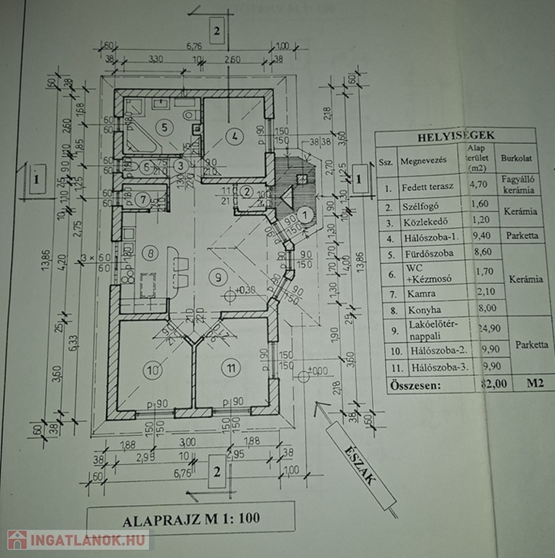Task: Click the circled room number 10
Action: tap(152, 371)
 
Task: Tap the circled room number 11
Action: tap(231, 369)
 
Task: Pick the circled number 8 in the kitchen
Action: tap(151, 254)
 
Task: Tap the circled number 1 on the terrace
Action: tap(306, 214)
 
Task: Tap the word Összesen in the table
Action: tap(414, 384)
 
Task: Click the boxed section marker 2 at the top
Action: tap(216, 30)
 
